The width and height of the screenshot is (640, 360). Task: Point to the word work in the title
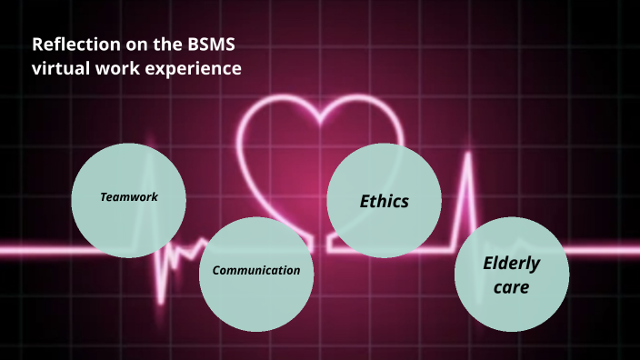click(x=120, y=69)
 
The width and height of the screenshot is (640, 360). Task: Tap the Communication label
click(x=255, y=270)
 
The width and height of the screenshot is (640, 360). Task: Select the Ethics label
click(x=384, y=201)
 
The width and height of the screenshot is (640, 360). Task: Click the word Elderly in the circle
click(x=511, y=264)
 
